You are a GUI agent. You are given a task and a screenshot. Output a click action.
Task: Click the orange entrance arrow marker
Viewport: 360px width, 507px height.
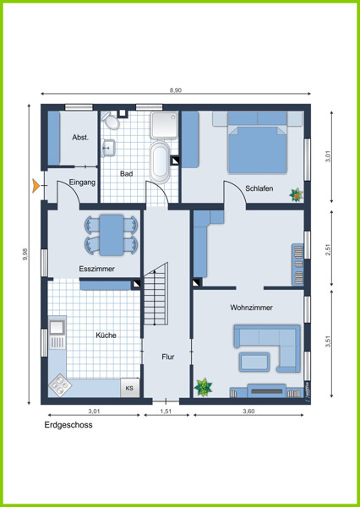tap(35, 186)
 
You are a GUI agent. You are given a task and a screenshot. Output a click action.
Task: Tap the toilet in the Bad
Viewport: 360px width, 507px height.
tap(111, 121)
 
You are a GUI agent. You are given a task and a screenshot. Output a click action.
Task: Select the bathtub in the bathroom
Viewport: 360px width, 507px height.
tap(160, 162)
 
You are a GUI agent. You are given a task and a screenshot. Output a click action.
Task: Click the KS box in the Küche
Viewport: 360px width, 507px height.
tap(129, 388)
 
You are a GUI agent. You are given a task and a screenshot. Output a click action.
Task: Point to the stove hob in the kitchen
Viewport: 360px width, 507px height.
tap(60, 385)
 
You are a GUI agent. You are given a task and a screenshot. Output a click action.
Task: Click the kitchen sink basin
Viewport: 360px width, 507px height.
tap(57, 327)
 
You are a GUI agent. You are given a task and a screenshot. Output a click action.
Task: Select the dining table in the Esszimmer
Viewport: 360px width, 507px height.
tap(112, 235)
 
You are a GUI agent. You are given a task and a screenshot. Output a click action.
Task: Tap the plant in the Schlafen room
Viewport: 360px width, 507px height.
tap(296, 194)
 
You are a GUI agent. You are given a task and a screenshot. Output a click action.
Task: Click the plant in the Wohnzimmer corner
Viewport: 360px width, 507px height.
tap(203, 387)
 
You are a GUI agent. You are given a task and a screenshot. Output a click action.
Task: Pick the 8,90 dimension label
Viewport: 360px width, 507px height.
tap(176, 90)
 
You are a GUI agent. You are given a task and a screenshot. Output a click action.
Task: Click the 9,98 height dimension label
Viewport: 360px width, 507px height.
tap(25, 254)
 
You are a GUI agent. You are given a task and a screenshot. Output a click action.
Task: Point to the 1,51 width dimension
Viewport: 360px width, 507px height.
tap(166, 412)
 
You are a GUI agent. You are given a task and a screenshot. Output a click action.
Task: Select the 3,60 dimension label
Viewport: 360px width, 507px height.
tap(248, 412)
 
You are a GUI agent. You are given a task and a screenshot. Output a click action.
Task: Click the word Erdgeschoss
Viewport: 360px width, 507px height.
tap(68, 425)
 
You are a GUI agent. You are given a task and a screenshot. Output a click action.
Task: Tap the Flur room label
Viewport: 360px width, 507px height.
tap(168, 357)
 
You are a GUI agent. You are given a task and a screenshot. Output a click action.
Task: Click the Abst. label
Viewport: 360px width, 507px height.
tap(80, 138)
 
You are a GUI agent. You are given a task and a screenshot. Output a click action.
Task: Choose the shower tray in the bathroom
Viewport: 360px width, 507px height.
tap(164, 125)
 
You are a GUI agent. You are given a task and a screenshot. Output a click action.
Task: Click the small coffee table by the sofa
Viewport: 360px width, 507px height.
tap(254, 362)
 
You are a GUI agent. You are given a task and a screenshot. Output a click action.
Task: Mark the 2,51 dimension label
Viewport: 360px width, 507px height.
tap(328, 249)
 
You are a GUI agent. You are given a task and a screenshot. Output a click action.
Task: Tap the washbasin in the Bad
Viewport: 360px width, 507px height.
tap(109, 148)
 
